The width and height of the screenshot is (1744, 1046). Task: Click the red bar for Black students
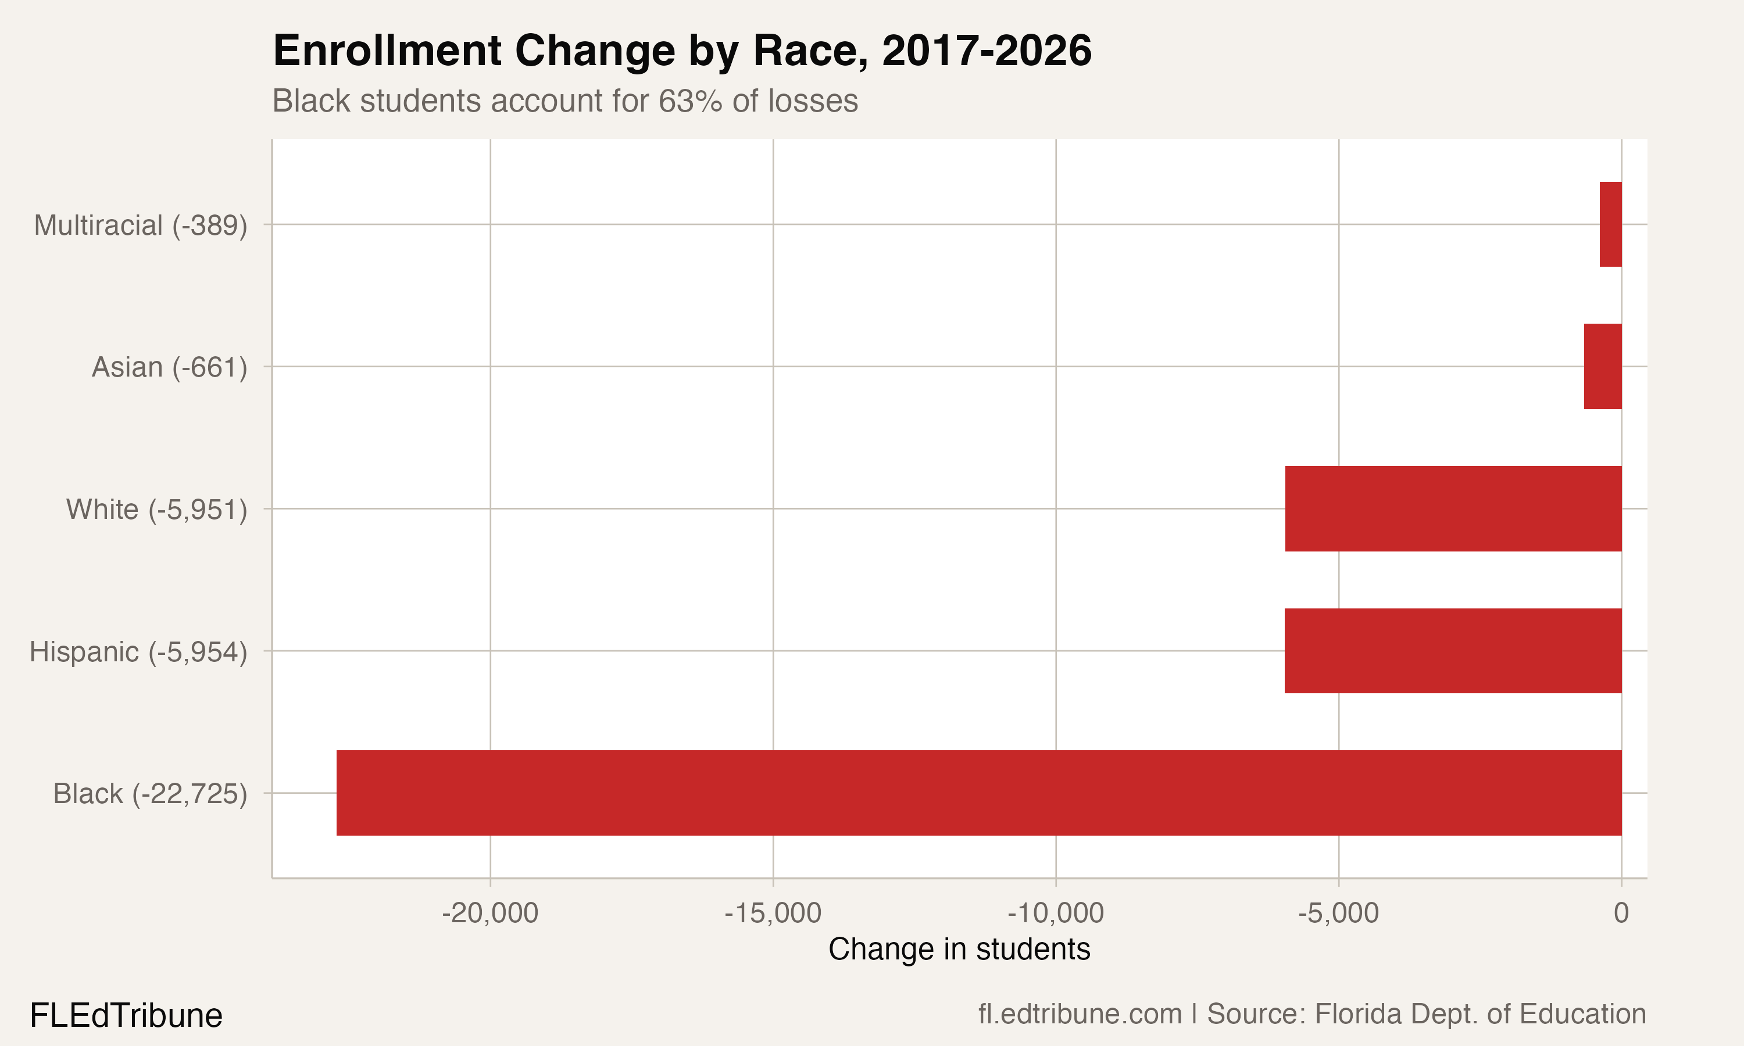click(x=978, y=793)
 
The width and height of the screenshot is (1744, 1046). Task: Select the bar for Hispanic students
click(x=1453, y=651)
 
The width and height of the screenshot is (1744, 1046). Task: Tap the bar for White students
click(x=1453, y=508)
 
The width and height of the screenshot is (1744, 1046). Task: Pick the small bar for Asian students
click(x=1602, y=367)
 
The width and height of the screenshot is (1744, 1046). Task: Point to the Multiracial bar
click(x=1610, y=224)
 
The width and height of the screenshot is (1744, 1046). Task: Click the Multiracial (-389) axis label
click(x=140, y=225)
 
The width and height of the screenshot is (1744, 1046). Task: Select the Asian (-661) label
click(x=169, y=367)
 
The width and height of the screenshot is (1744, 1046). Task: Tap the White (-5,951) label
click(x=156, y=510)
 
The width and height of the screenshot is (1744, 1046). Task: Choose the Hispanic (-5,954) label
click(x=138, y=652)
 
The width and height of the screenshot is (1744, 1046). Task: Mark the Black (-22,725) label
click(x=150, y=794)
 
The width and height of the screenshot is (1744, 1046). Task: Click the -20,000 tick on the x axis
click(x=490, y=913)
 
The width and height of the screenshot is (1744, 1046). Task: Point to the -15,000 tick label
click(x=773, y=913)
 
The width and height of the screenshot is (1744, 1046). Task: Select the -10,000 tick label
click(x=1055, y=913)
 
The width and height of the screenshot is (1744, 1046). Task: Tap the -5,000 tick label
click(x=1338, y=913)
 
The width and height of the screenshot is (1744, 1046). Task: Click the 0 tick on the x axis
click(x=1621, y=913)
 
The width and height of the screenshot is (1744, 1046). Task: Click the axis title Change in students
click(x=959, y=950)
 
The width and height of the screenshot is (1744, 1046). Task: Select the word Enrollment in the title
click(x=387, y=51)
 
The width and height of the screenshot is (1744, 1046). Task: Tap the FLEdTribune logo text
click(x=126, y=1016)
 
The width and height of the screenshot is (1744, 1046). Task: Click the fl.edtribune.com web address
click(x=1080, y=1014)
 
